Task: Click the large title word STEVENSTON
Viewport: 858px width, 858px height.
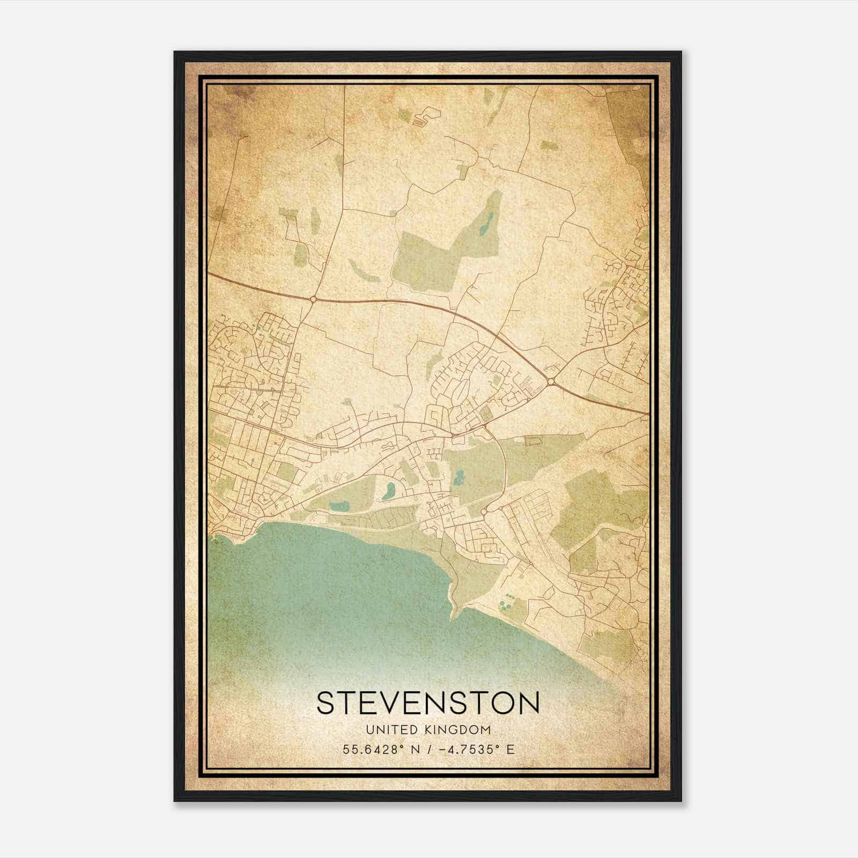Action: [x=427, y=703]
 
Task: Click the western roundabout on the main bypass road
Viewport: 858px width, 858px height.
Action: [x=312, y=299]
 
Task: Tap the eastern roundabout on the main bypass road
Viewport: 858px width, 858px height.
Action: [x=552, y=381]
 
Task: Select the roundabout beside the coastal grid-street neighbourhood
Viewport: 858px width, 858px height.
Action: [x=484, y=512]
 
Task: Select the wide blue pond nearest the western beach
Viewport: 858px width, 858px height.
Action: [x=338, y=506]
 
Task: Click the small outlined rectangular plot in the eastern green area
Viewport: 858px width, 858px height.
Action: [x=532, y=441]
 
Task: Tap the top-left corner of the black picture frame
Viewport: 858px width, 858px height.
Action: [x=175, y=53]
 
